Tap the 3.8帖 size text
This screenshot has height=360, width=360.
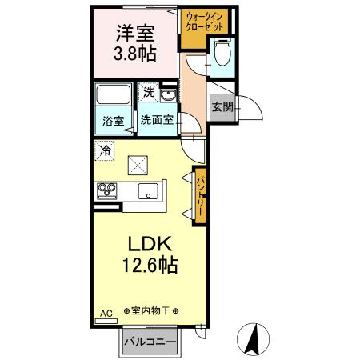pyautogui.click(x=134, y=55)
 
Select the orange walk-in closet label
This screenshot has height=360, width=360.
pyautogui.click(x=205, y=20)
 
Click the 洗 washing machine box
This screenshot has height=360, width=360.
pyautogui.click(x=148, y=93)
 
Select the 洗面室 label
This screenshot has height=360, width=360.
pyautogui.click(x=158, y=121)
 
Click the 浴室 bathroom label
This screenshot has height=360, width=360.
pyautogui.click(x=114, y=122)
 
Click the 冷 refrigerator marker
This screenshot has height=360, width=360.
pyautogui.click(x=105, y=150)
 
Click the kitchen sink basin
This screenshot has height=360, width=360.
pyautogui.click(x=147, y=190)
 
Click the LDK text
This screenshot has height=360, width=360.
pyautogui.click(x=143, y=243)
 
